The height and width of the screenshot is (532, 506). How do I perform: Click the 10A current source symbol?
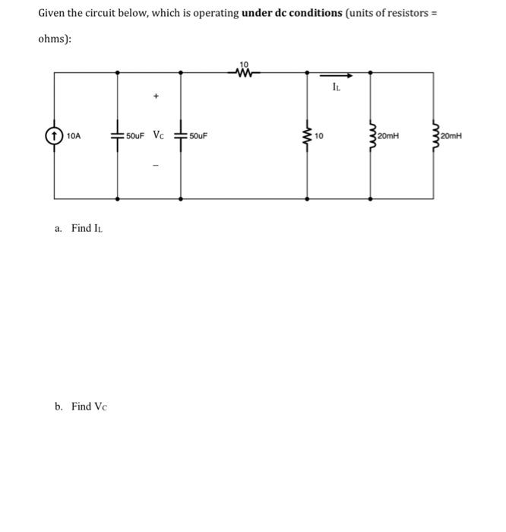click(55, 136)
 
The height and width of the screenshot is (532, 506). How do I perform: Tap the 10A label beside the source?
click(74, 136)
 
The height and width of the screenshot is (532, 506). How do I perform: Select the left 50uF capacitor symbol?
click(117, 136)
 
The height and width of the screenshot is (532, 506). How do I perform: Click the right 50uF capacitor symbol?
click(180, 136)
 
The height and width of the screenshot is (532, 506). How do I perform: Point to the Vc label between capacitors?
click(157, 135)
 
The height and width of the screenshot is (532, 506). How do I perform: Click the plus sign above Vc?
click(156, 97)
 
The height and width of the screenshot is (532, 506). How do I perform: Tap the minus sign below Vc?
click(156, 167)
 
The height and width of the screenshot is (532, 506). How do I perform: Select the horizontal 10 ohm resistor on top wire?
click(244, 74)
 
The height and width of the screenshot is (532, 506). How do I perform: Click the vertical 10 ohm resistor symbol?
click(307, 136)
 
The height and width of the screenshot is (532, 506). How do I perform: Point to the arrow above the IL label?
click(338, 75)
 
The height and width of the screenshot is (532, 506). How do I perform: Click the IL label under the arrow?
click(337, 87)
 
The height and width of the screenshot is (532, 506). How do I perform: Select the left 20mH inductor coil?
click(371, 136)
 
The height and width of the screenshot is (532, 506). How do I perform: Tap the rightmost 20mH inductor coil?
click(434, 136)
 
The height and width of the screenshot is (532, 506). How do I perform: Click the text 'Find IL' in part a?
click(86, 229)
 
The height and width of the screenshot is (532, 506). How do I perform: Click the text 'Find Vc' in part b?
click(90, 407)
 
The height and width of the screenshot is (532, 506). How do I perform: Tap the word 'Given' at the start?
click(53, 14)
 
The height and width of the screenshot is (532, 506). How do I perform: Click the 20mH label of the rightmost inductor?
click(451, 137)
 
